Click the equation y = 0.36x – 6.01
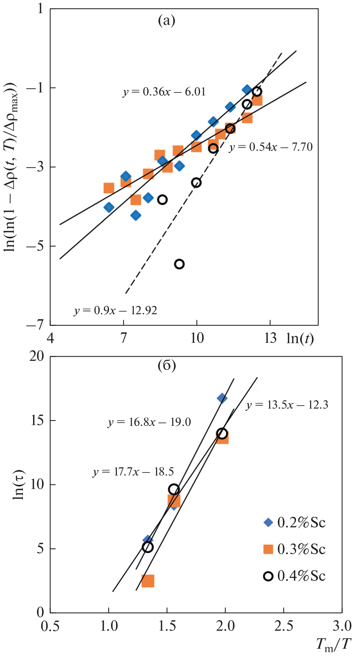pos(164,92)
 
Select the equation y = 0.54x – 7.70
pos(271,147)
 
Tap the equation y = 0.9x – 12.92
pos(115,310)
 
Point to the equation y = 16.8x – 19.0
pos(149,422)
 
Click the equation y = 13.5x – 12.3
pos(287,405)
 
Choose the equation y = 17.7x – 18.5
pos(133,472)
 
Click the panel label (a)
pos(166,20)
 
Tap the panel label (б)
pos(166,365)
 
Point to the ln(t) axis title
pos(300,339)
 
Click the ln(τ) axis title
pos(19,485)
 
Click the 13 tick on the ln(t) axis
pos(270,338)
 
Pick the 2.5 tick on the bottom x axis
pos(284,626)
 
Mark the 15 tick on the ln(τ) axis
pos(38,420)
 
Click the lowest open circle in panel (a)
pos(179,264)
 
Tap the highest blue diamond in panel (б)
pos(222,398)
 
